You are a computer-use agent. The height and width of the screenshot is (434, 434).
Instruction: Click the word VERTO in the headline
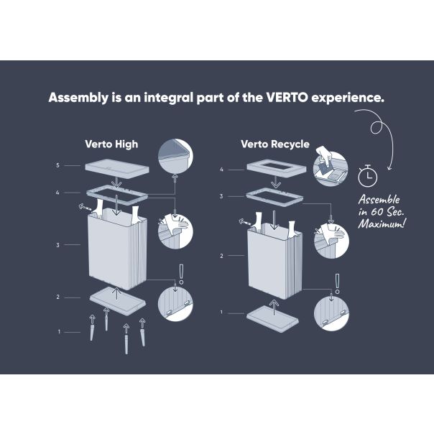(287, 98)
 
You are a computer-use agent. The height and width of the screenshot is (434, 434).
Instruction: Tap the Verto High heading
(111, 144)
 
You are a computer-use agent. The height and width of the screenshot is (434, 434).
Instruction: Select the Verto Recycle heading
(275, 144)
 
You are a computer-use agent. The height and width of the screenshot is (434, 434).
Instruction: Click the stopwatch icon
(368, 175)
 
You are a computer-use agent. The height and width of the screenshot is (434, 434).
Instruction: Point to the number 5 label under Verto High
(57, 165)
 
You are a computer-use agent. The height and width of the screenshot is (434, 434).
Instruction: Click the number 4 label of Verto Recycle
(221, 170)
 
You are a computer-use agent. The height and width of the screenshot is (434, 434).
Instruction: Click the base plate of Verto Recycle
(272, 318)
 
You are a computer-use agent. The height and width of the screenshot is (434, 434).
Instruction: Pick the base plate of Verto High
(118, 301)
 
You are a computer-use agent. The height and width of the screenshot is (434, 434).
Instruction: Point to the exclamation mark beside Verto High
(181, 274)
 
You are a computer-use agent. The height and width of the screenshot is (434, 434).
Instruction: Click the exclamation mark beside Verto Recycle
(337, 284)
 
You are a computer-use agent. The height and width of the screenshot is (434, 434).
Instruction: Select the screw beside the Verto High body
(84, 208)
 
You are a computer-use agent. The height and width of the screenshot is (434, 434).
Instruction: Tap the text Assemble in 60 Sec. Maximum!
(382, 211)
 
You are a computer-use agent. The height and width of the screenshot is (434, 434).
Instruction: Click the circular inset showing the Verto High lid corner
(175, 157)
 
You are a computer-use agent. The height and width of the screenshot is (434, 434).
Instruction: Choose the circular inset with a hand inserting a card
(331, 168)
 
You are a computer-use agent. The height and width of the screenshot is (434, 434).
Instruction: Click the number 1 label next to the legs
(59, 331)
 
